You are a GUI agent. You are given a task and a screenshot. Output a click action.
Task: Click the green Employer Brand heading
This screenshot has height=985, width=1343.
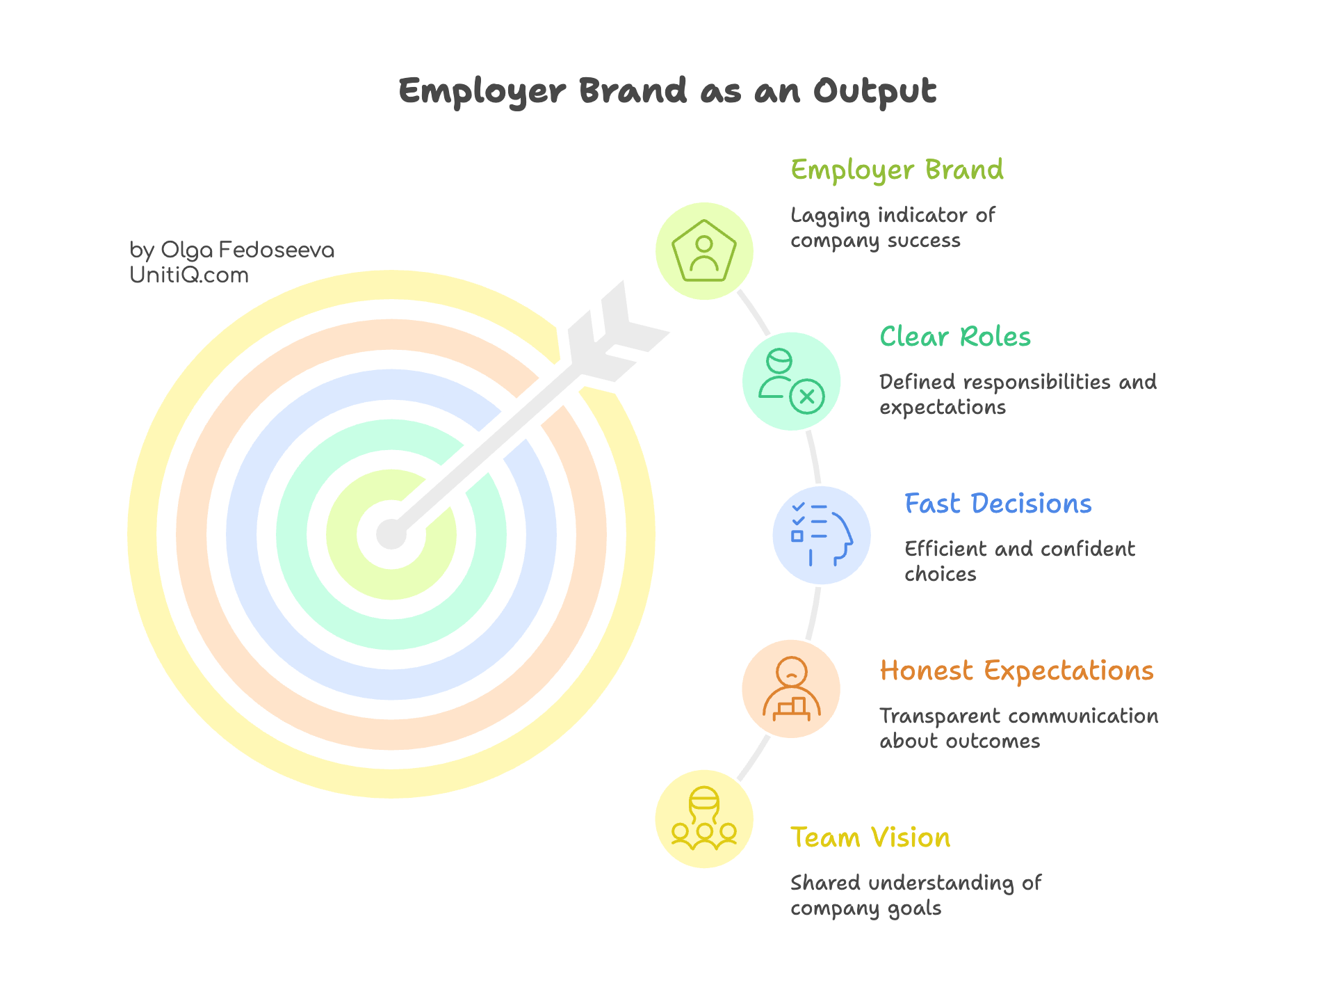click(897, 170)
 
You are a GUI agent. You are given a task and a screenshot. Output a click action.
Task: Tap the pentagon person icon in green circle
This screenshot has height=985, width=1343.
click(704, 251)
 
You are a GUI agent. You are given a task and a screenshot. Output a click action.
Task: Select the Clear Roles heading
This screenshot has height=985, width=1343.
click(955, 337)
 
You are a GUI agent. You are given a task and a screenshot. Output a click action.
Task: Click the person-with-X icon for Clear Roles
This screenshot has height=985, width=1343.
click(791, 382)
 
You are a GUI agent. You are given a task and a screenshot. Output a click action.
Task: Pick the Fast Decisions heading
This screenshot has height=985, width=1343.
click(998, 504)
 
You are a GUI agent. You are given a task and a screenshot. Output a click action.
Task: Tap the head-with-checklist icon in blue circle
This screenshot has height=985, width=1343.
click(822, 535)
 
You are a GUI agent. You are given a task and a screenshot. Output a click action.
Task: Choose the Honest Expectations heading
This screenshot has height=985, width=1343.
click(1016, 671)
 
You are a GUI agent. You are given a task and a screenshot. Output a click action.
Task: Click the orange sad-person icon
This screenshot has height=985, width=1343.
click(791, 689)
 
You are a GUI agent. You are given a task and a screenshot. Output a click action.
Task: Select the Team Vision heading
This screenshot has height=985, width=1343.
click(870, 838)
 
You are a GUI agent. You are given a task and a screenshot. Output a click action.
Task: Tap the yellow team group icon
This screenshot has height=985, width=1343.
click(704, 819)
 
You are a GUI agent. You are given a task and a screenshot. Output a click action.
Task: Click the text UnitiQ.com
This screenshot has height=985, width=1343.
click(189, 275)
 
